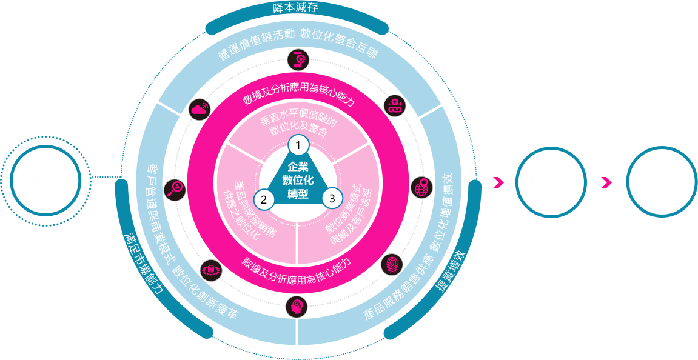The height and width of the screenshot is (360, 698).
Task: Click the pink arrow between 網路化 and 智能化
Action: [x=606, y=182]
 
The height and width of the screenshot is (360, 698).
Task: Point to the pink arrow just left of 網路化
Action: [x=498, y=182]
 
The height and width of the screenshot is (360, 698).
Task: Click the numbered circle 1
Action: [x=298, y=145]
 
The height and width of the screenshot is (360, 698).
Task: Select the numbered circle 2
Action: [x=263, y=198]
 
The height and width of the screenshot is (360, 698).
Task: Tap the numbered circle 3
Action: [x=332, y=198]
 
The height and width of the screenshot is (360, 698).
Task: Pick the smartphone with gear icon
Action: [x=297, y=59]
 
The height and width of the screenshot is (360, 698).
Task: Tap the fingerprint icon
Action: [x=390, y=264]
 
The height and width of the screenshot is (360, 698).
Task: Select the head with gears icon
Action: [x=296, y=305]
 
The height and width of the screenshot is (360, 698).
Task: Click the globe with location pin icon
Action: [x=420, y=188]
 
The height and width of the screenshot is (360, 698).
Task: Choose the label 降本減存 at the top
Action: [x=296, y=8]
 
